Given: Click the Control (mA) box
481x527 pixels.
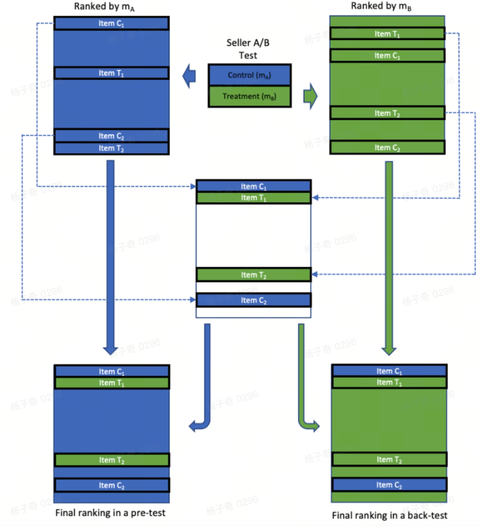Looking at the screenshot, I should point(249,75).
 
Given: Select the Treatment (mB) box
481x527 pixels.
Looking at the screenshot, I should point(249,96).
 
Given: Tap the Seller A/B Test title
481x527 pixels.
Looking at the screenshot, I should point(248,49).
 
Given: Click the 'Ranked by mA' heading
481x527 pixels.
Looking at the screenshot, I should point(104,7).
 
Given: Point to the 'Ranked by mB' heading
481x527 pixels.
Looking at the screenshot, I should point(381,6).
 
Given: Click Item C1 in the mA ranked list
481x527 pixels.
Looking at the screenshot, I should point(111,24).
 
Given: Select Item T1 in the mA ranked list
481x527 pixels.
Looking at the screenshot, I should point(111,73).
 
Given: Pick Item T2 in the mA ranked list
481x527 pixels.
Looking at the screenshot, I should point(111,148).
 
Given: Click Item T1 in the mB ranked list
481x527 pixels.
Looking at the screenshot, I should point(387,34).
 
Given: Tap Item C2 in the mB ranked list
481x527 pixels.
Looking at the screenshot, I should point(387,148).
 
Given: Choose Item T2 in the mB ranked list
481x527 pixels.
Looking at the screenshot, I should point(387,113).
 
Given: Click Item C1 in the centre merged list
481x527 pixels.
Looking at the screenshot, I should point(253,186).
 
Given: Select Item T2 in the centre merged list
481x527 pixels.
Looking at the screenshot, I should point(253,275).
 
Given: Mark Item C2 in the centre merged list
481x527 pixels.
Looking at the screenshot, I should point(253,301).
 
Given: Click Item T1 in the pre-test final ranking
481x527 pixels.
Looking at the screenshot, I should point(111,383).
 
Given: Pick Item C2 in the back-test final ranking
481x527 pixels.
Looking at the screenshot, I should point(389,485).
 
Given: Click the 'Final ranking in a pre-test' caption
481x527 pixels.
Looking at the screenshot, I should point(110,513).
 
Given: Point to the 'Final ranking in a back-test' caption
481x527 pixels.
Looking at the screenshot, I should point(389,515).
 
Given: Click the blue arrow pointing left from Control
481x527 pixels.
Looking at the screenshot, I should point(189,76).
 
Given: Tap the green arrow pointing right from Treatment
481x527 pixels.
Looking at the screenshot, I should point(310,96).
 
